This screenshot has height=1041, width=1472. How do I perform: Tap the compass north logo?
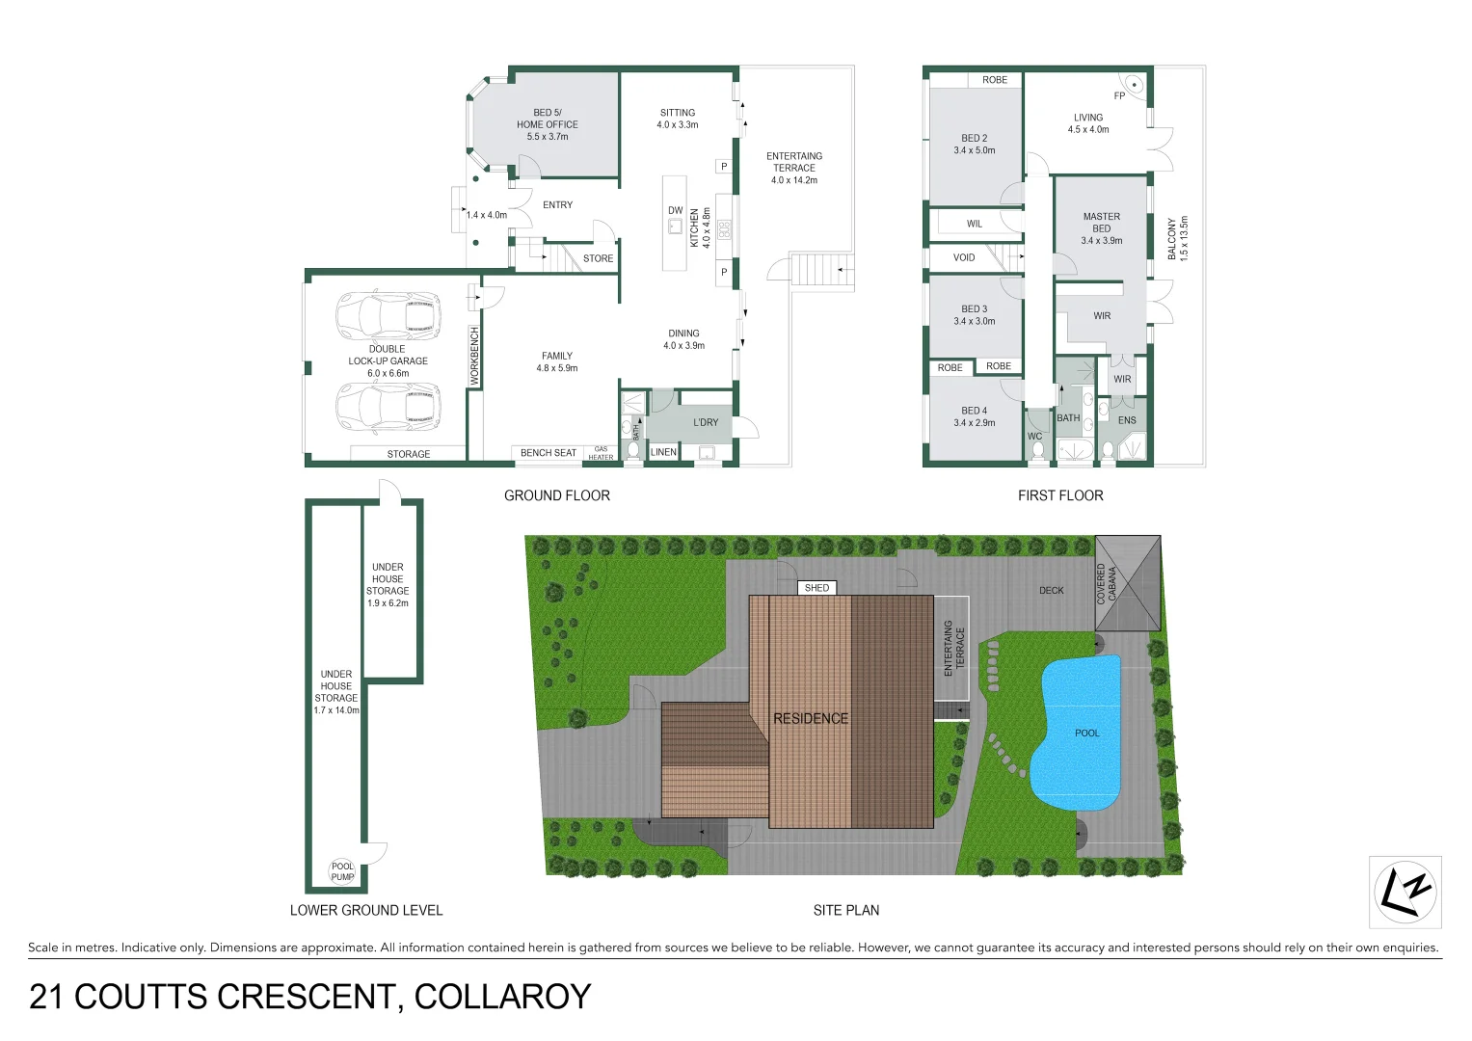(1405, 892)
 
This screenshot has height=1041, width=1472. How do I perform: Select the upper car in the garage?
(388, 315)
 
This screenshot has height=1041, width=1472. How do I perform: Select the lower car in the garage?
(388, 408)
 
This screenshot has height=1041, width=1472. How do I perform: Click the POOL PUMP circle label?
(342, 871)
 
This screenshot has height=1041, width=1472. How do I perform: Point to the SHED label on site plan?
(816, 588)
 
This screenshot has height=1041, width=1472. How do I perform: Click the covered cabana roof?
(1128, 583)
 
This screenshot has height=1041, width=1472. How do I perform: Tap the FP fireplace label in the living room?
(1119, 96)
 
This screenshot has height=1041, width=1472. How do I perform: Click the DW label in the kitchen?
(675, 210)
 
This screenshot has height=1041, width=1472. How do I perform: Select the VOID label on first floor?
(964, 257)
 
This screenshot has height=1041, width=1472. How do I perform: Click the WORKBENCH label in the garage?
(474, 357)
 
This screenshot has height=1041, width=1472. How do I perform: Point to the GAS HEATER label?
(601, 453)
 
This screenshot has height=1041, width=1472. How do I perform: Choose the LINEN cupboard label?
(663, 452)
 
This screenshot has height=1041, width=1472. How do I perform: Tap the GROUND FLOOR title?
(556, 495)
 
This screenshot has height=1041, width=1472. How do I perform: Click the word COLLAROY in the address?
(502, 997)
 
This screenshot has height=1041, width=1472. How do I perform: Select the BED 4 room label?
(974, 416)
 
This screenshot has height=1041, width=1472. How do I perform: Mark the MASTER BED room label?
(1101, 228)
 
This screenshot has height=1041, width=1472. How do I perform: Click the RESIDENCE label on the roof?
(811, 719)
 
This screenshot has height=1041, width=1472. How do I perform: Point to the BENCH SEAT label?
(548, 453)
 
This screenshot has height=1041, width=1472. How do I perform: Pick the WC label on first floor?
(1034, 437)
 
